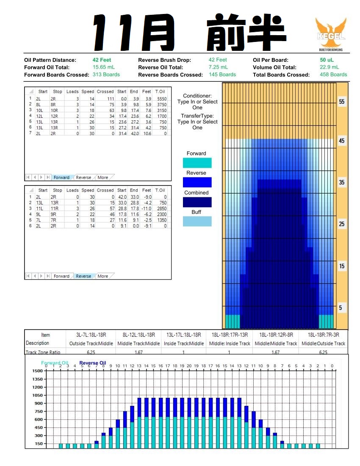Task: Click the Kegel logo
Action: (x=331, y=34)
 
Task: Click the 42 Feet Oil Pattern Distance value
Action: (x=102, y=60)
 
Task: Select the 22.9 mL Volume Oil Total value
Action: (x=329, y=67)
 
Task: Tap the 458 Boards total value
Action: (x=333, y=75)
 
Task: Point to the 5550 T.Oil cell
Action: (x=161, y=99)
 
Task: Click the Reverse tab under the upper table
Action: (x=83, y=178)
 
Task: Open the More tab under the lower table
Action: (x=103, y=276)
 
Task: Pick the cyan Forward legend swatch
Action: (x=197, y=163)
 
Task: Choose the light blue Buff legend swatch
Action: (x=197, y=221)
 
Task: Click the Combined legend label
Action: (x=197, y=193)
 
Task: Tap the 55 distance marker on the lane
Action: (x=341, y=102)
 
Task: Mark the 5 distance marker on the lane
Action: (x=341, y=308)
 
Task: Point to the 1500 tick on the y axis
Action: (x=37, y=371)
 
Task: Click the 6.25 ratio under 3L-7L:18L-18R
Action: (x=91, y=352)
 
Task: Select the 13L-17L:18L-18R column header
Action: (x=184, y=335)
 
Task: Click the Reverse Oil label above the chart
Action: (x=92, y=363)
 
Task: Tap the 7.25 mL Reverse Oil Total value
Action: (x=218, y=67)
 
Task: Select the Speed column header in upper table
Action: (x=88, y=92)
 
